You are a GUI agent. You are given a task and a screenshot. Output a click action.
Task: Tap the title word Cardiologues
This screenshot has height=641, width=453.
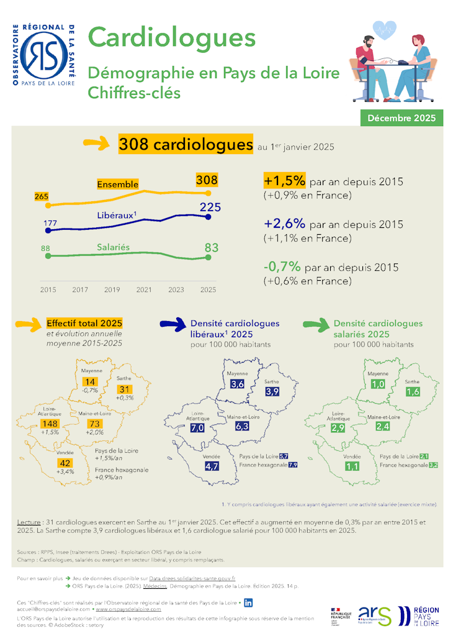coord(172,37)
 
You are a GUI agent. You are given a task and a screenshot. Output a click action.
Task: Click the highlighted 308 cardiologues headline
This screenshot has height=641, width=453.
coord(185,145)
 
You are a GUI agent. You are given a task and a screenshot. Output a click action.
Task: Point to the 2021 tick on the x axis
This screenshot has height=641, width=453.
coord(143,289)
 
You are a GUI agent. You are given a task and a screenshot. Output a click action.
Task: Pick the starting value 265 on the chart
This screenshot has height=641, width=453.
coord(42,196)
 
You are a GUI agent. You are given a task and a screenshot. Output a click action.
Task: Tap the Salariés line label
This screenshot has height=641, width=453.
coord(113,247)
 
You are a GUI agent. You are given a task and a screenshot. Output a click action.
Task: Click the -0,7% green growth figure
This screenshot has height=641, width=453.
coord(282,266)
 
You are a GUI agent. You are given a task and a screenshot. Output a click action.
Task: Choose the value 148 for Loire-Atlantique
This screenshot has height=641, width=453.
coord(49,424)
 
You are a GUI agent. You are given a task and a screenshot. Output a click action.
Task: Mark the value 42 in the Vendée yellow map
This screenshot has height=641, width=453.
coord(65,463)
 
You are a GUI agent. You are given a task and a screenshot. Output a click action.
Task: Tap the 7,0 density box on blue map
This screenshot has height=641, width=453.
coord(198,428)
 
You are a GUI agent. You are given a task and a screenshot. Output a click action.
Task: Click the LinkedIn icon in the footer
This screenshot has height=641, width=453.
coord(248,602)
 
